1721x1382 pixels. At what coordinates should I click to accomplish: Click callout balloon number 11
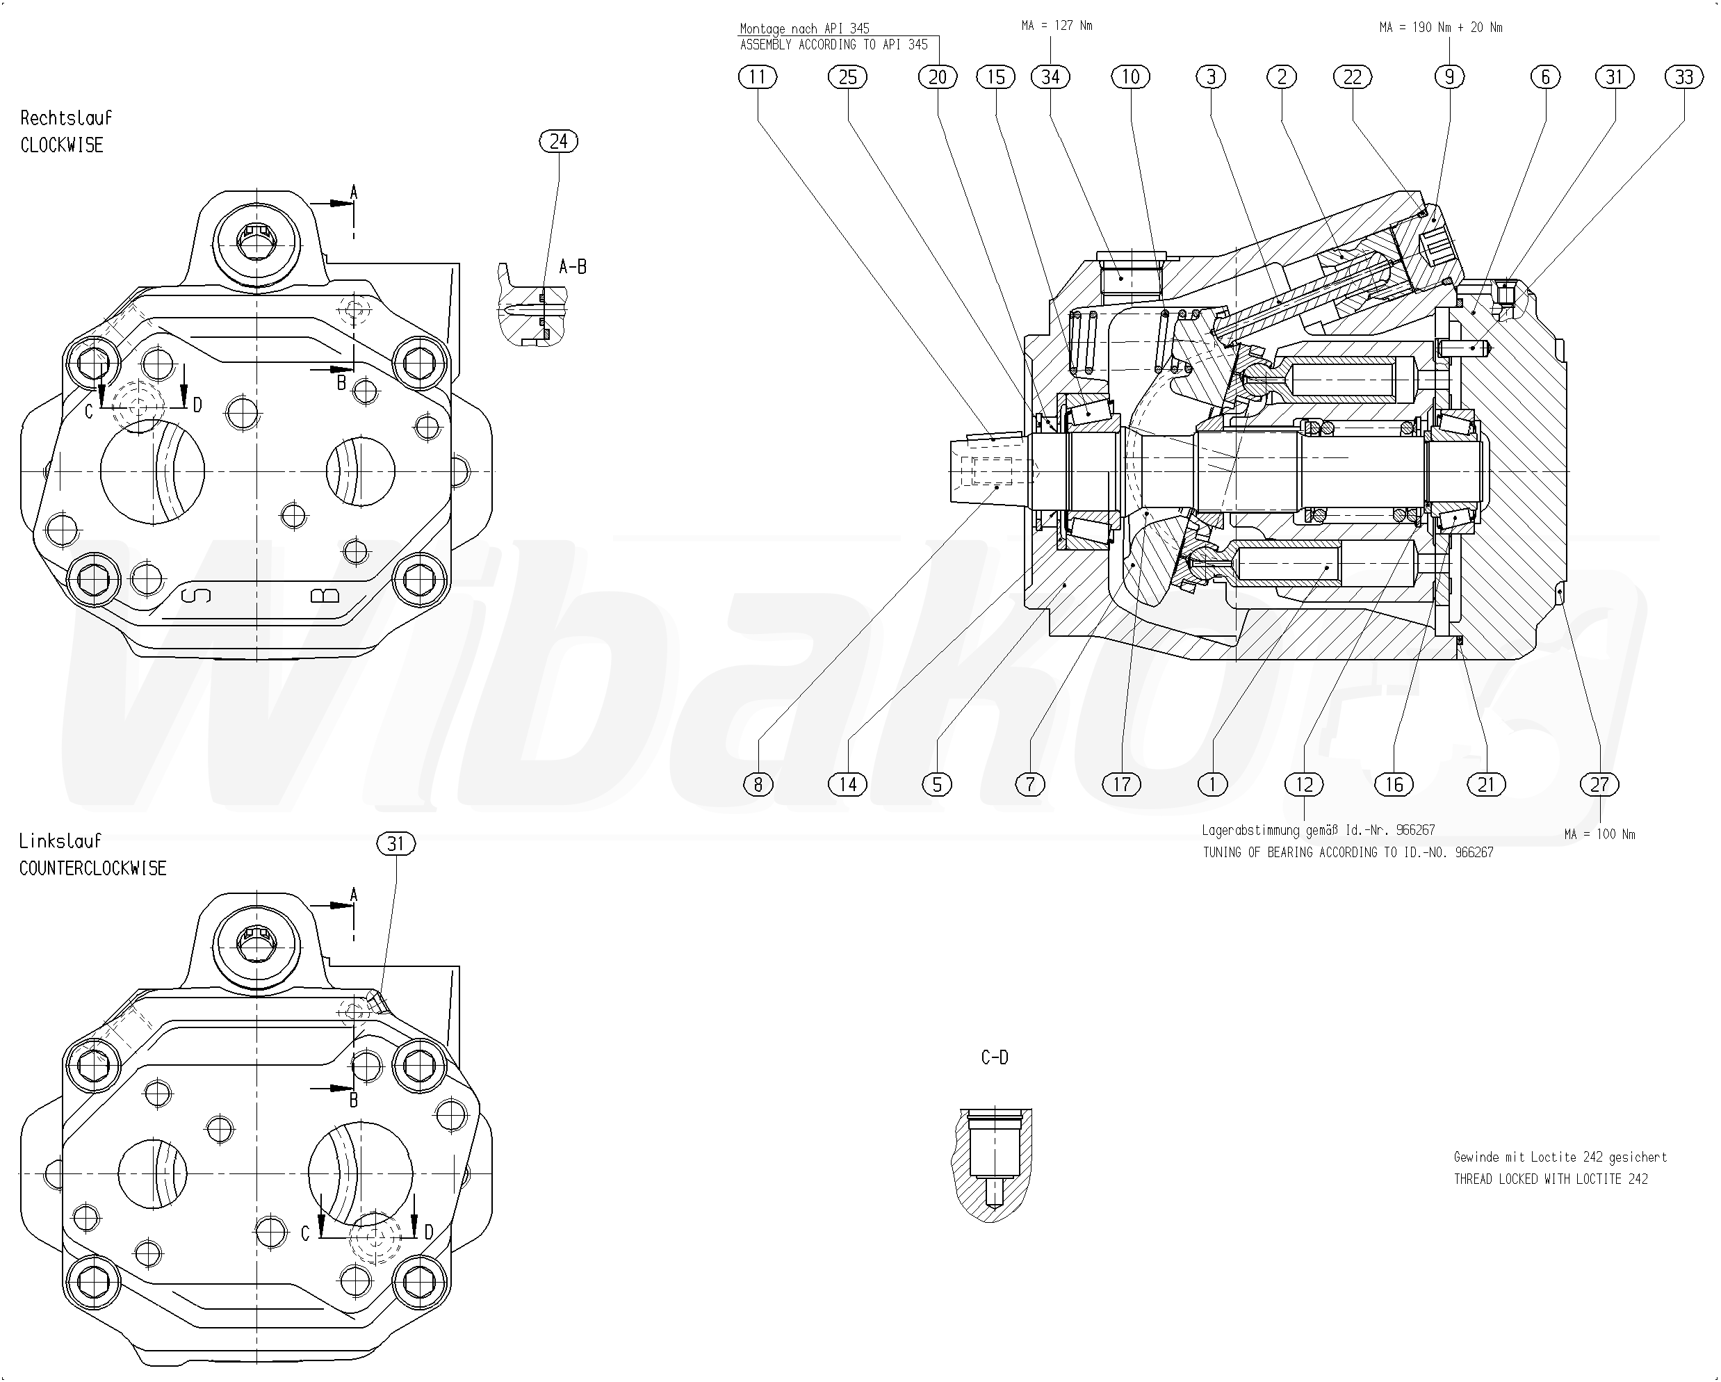tap(758, 76)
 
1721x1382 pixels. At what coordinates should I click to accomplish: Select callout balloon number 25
tap(848, 76)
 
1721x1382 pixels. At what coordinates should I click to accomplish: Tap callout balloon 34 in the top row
tap(1050, 76)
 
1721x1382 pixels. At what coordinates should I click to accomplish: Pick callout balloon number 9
tap(1450, 76)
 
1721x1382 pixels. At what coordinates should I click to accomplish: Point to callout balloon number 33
tap(1684, 76)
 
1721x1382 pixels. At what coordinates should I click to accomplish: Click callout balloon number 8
tap(758, 785)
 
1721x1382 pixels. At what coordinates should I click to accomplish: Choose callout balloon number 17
tap(1122, 785)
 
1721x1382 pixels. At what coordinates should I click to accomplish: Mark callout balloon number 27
tap(1599, 785)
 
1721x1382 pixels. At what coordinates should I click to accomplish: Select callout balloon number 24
tap(559, 141)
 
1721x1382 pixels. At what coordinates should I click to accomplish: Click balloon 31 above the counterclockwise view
tap(396, 844)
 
